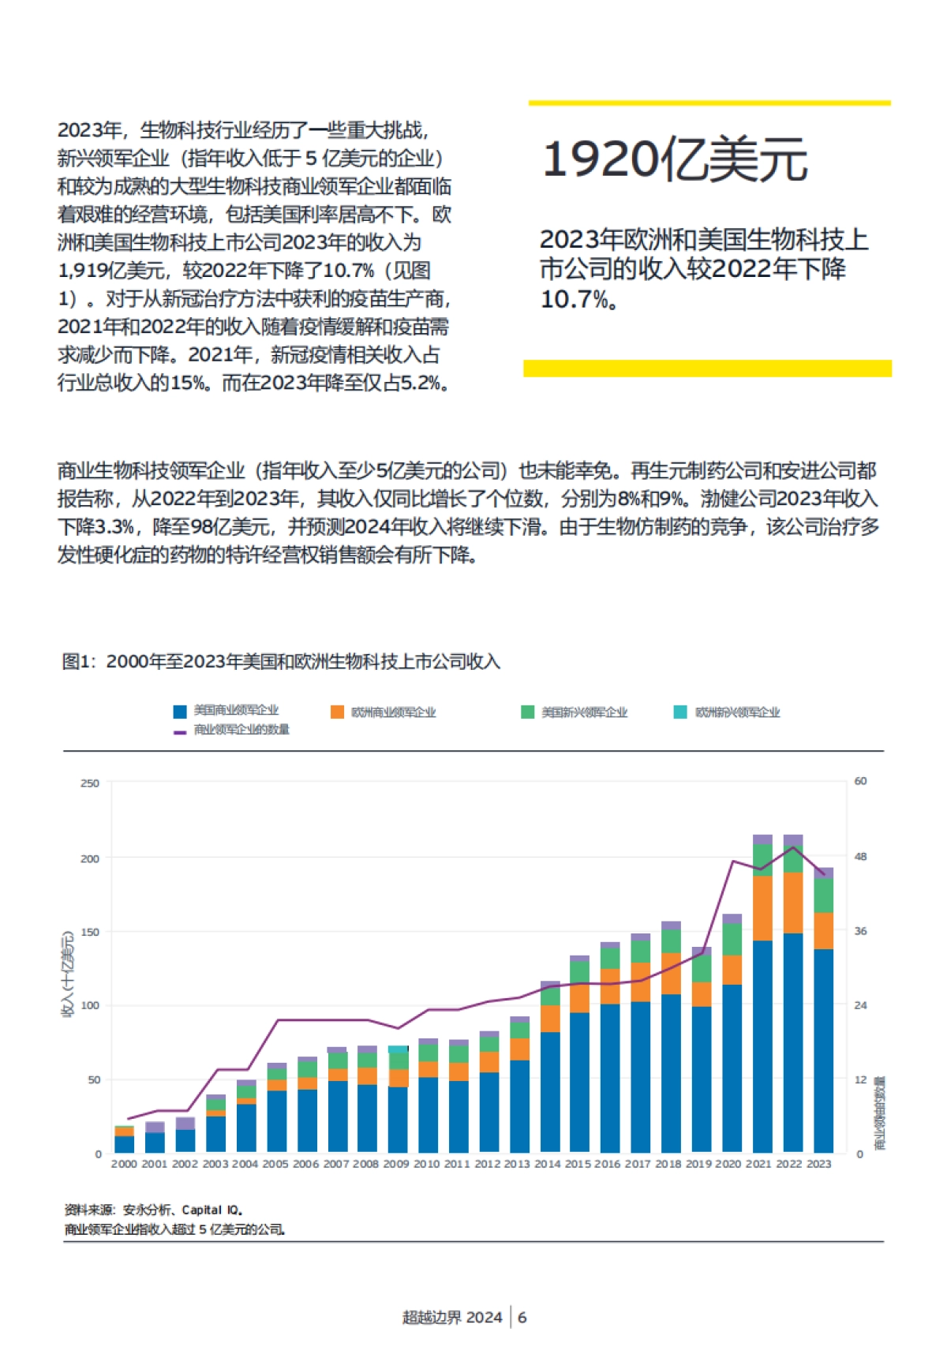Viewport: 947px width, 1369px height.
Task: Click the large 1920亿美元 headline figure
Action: [675, 159]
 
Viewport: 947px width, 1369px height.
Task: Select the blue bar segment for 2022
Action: [793, 1042]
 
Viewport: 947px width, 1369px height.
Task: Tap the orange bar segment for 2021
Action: [762, 907]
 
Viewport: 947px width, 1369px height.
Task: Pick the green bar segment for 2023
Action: [823, 895]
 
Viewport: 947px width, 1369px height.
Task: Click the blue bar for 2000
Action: [125, 1144]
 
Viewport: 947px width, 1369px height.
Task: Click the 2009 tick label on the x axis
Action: [396, 1164]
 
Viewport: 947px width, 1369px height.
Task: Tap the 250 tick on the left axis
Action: [90, 784]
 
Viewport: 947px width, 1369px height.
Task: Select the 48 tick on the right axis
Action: [860, 857]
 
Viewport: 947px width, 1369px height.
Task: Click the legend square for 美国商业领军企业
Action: [180, 712]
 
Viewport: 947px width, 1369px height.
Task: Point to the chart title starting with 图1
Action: [281, 661]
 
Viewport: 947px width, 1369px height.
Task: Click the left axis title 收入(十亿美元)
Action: [68, 974]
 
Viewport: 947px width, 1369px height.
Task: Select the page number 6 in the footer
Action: [522, 1317]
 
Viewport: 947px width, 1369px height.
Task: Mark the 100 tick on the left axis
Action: [90, 1005]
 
